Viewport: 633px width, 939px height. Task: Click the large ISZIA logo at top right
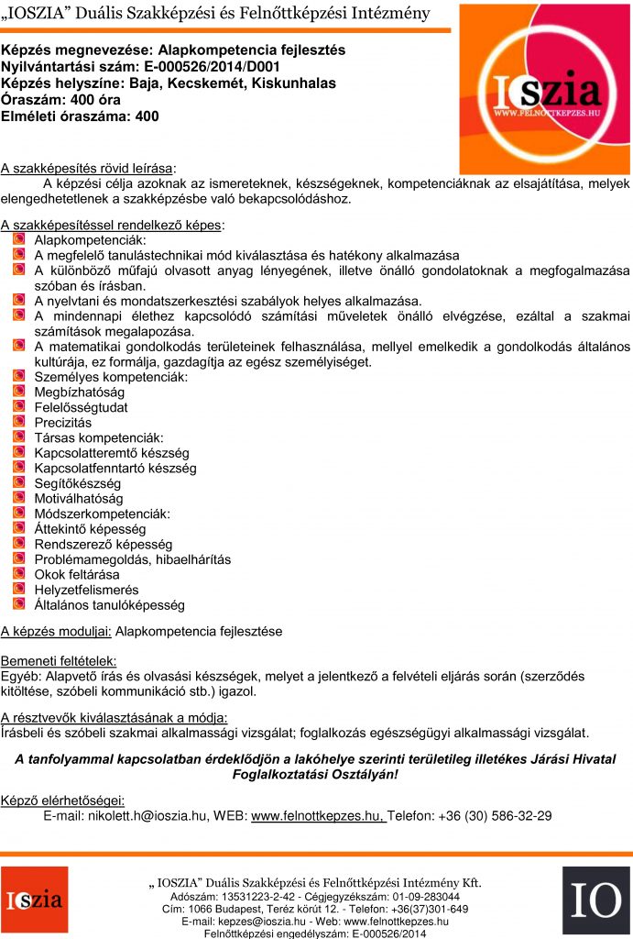(544, 88)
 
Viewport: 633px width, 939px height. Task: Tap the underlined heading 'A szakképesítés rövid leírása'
(87, 168)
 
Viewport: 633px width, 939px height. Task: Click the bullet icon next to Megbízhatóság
(19, 392)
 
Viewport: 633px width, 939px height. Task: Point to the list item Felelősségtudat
(81, 407)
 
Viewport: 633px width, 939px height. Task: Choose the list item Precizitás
(63, 423)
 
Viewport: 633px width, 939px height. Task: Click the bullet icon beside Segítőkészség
(19, 482)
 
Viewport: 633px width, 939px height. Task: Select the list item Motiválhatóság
(78, 498)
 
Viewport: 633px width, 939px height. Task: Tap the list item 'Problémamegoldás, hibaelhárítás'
(132, 559)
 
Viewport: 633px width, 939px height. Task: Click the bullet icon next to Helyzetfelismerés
(19, 589)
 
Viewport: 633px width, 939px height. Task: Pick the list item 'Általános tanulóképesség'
(109, 605)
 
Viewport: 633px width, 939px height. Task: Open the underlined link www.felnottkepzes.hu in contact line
(318, 815)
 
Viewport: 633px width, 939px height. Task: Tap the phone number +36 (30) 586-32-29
(495, 815)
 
